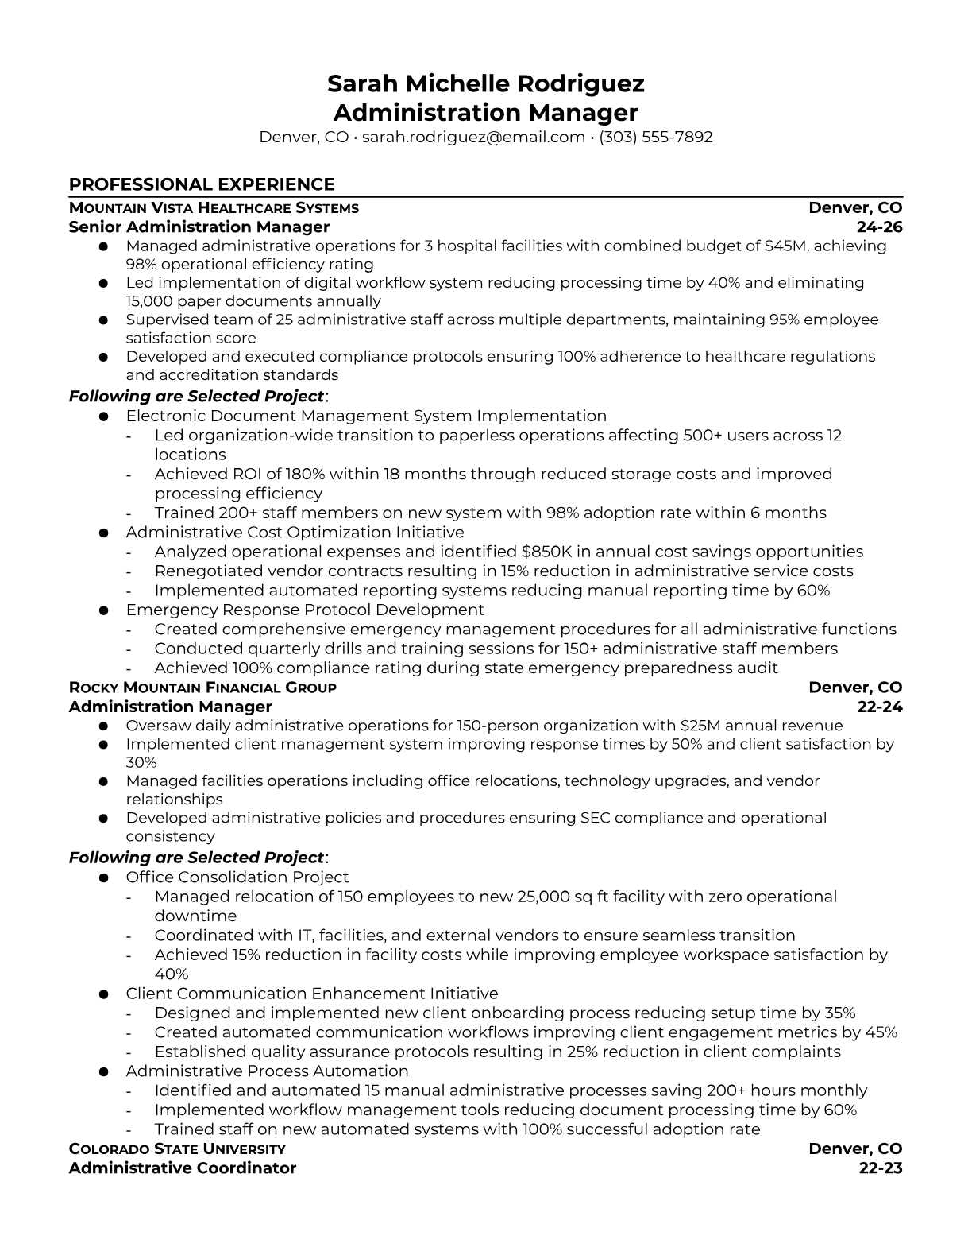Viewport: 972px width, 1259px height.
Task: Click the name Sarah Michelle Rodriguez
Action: click(485, 83)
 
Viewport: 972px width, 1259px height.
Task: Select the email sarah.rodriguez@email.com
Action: click(473, 137)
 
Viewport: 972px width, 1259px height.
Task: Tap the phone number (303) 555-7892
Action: click(656, 137)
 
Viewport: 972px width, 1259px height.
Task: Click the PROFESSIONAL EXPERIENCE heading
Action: click(202, 184)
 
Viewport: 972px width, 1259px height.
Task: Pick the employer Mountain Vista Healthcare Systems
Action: click(214, 208)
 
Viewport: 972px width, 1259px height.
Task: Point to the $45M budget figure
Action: click(785, 246)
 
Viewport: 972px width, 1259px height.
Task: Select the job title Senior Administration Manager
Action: click(199, 227)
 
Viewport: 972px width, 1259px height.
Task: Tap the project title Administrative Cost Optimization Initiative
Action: click(295, 532)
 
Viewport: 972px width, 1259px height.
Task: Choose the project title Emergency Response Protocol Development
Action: click(305, 610)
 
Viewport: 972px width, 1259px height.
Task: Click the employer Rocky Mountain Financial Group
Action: click(202, 688)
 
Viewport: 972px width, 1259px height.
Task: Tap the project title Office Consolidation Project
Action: click(237, 877)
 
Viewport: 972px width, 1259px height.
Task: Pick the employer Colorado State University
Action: click(177, 1149)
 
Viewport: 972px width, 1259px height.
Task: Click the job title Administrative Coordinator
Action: click(182, 1168)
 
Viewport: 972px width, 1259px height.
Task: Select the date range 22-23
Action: click(881, 1168)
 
